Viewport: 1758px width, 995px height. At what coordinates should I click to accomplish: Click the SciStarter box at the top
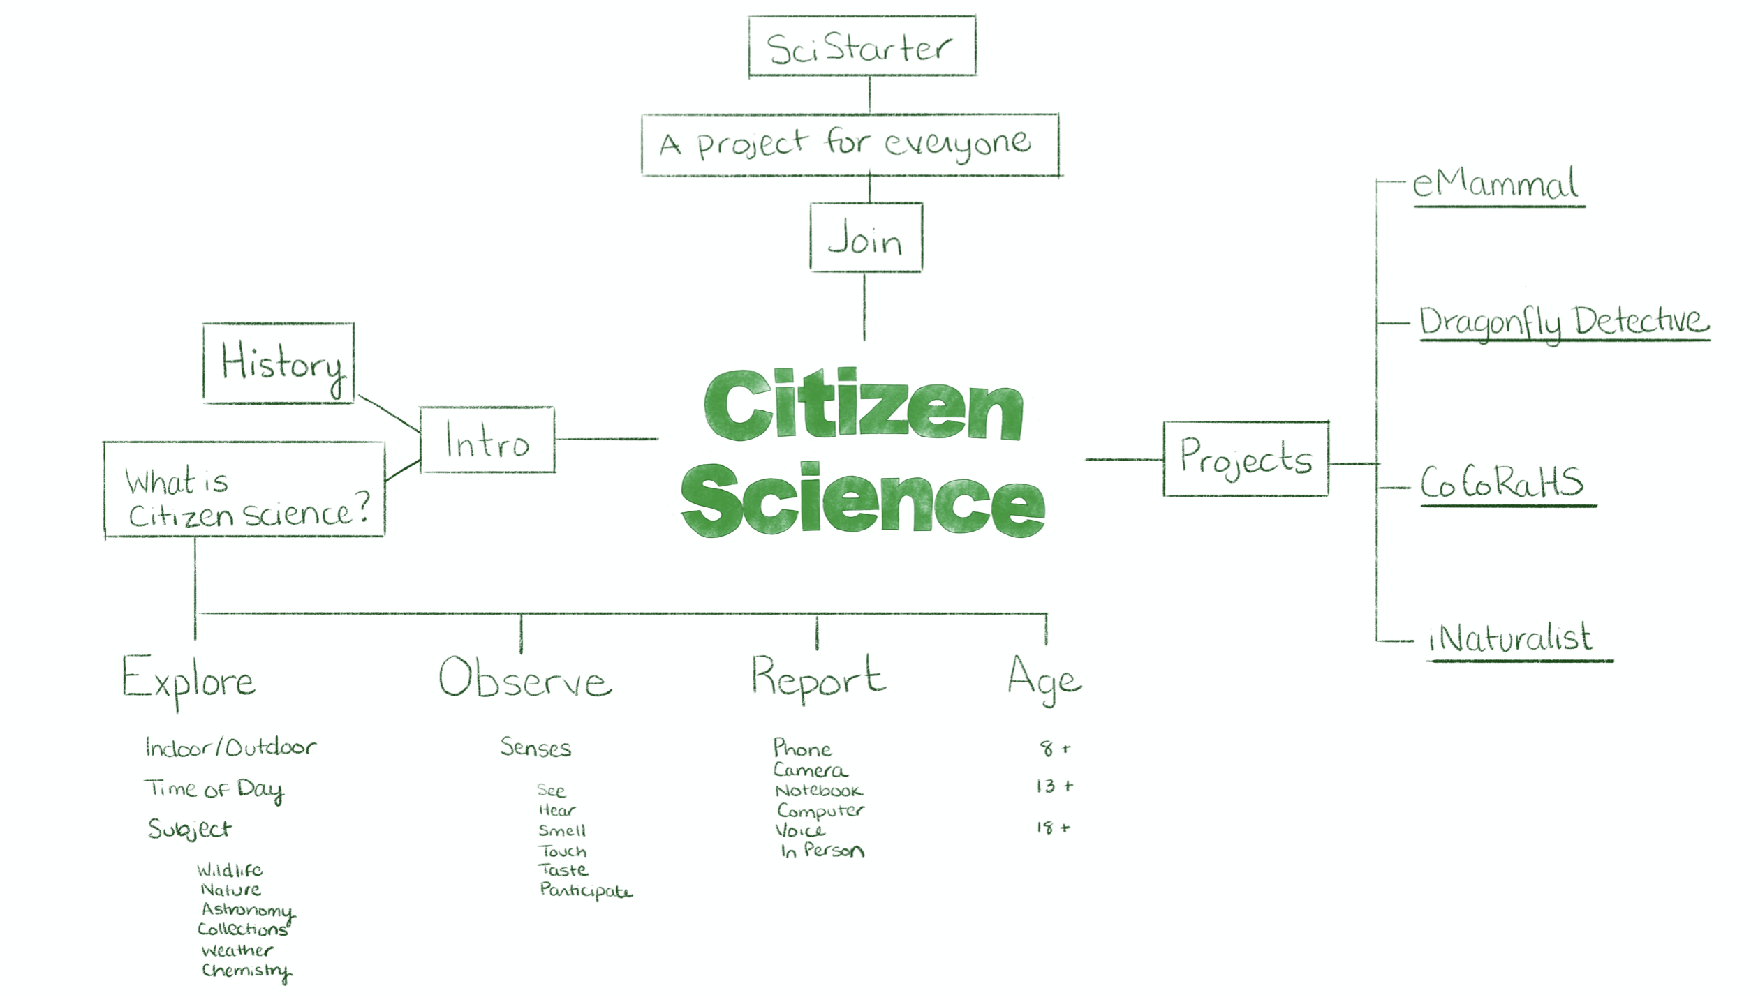coord(862,46)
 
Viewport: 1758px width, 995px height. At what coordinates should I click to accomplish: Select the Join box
coord(866,238)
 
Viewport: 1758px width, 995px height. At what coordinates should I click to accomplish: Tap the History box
coord(279,363)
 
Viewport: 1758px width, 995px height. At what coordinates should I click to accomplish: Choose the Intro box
coord(487,440)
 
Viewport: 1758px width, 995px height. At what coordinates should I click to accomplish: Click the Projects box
coord(1246,458)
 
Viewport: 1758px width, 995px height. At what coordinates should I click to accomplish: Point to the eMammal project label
coord(1495,185)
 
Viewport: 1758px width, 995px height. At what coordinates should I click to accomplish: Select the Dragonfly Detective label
coord(1564,322)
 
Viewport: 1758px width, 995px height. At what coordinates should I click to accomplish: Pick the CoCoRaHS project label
coord(1502,483)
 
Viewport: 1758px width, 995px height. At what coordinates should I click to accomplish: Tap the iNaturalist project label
coord(1511,638)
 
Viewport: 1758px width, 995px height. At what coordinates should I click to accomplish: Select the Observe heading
coord(525,679)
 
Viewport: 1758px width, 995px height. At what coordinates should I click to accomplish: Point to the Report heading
coord(818,678)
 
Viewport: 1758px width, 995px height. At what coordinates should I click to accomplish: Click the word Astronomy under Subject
coord(247,910)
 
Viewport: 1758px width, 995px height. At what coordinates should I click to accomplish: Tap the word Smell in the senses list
coord(562,830)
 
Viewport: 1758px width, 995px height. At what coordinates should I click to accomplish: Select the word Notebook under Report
coord(819,791)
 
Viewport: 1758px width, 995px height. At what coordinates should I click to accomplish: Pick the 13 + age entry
coord(1054,786)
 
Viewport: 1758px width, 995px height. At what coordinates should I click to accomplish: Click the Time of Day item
coord(214,789)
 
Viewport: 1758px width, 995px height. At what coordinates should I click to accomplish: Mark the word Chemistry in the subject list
coord(246,970)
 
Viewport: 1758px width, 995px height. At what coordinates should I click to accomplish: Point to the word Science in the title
coord(863,501)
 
